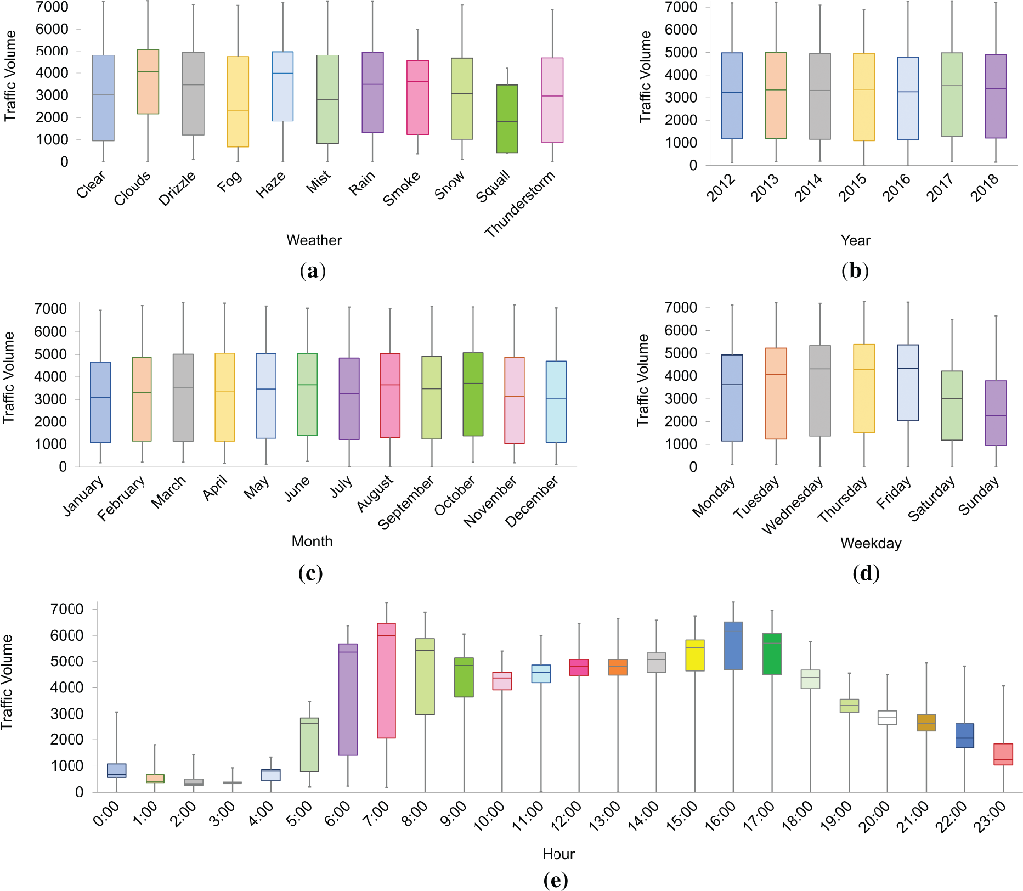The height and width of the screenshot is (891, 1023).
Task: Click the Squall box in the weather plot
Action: [507, 119]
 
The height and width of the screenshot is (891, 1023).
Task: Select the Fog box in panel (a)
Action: [238, 101]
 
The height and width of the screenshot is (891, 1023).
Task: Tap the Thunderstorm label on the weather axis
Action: [520, 204]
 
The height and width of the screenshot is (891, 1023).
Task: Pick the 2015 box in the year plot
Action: [864, 97]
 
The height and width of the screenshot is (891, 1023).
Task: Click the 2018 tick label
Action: [985, 188]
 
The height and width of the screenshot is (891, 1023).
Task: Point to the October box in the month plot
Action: [473, 394]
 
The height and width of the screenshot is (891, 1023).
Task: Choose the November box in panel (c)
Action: [514, 400]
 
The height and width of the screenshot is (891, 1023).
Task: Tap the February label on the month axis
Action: [122, 498]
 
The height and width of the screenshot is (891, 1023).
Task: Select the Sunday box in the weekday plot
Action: [996, 413]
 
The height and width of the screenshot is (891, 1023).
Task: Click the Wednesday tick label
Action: [793, 505]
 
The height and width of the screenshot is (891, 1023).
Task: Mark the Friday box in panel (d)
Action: [908, 382]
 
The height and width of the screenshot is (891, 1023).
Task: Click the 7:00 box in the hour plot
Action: [386, 680]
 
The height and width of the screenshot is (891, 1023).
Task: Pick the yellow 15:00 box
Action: [695, 655]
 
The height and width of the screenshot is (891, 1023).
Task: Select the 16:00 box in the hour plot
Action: [733, 645]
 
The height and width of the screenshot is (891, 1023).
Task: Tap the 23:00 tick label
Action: [993, 816]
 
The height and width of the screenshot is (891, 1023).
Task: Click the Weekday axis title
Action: [871, 543]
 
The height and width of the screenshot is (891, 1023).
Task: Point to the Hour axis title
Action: [558, 854]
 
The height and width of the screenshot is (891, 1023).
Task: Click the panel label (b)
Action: [855, 270]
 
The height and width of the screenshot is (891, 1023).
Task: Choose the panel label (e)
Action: [555, 881]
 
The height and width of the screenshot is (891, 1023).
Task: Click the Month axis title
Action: [312, 542]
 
